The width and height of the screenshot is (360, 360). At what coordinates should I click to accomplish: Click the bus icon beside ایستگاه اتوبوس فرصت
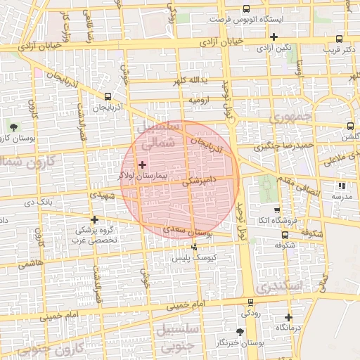click(x=245, y=9)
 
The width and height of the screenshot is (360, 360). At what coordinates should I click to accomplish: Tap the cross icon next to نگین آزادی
click(x=274, y=37)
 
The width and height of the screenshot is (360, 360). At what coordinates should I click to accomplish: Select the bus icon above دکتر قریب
click(x=340, y=39)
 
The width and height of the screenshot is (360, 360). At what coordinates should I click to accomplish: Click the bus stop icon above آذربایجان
click(x=108, y=96)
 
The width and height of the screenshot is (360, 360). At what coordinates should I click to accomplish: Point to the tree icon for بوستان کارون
click(x=13, y=127)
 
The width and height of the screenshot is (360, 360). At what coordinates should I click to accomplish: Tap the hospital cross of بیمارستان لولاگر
click(x=143, y=164)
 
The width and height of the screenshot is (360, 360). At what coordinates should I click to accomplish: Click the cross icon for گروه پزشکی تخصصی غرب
click(x=94, y=219)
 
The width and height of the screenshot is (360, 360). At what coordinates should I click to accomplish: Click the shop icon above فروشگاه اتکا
click(x=276, y=210)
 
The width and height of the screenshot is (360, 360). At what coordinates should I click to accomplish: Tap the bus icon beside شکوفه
click(x=284, y=236)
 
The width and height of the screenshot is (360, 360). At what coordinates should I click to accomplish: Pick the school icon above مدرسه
click(x=341, y=186)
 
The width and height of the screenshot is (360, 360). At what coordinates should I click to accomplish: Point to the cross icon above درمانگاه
click(x=288, y=317)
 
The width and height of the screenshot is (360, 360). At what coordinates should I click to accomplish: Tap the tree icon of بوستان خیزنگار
click(x=240, y=331)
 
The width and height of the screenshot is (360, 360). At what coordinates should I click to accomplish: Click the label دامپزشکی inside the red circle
click(x=199, y=181)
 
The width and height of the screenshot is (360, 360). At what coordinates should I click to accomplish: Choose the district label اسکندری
click(x=278, y=287)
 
